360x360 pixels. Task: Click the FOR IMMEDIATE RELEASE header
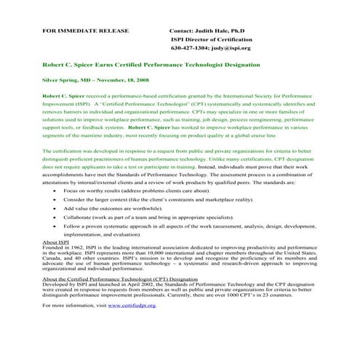point(86,31)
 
